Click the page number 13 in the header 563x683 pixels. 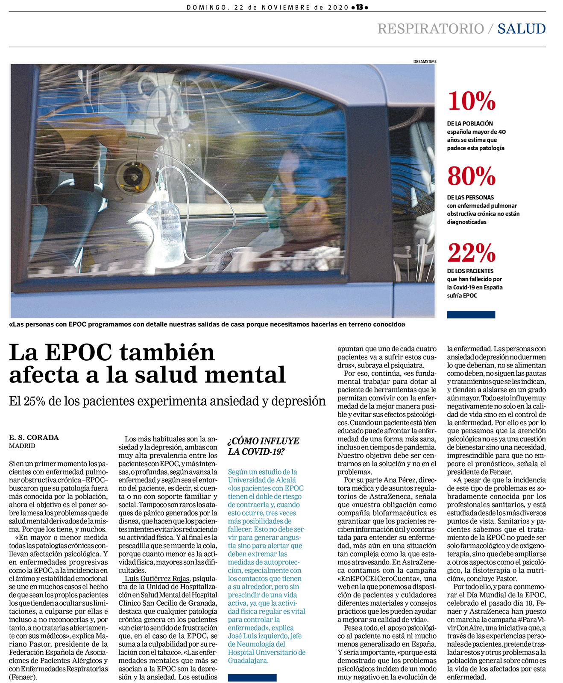coord(359,7)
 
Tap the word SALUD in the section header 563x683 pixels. coord(521,29)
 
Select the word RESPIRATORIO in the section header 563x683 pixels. coord(430,29)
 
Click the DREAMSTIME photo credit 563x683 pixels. coord(425,61)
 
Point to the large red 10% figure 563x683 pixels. coord(471,101)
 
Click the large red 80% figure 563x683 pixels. coord(471,176)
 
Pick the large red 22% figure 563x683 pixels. coord(471,253)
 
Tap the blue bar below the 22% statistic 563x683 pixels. coord(471,315)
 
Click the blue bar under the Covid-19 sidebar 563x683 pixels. coord(252,677)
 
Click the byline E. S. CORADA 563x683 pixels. coord(34,438)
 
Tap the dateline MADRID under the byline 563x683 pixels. coord(22,446)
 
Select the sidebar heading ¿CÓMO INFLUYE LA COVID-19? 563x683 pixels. coord(263,446)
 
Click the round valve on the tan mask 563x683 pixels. coord(133,176)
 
